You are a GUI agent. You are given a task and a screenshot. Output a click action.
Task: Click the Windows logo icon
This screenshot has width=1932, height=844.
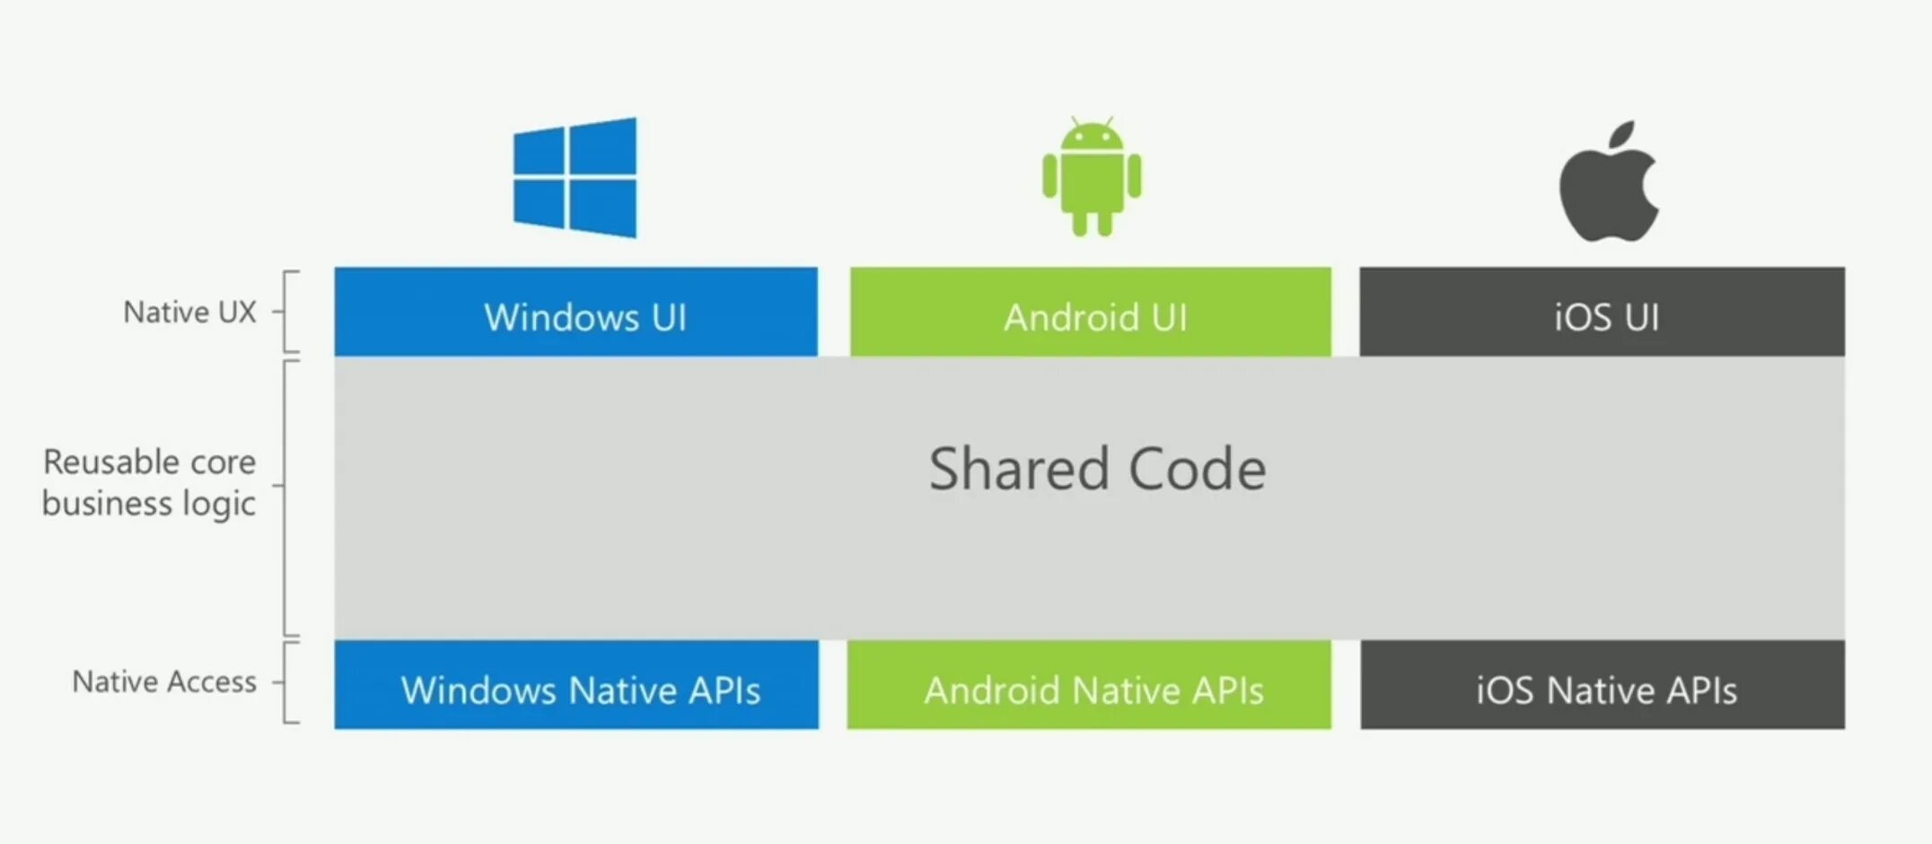point(575,178)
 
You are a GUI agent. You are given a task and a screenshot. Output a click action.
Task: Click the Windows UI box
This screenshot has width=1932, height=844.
point(575,312)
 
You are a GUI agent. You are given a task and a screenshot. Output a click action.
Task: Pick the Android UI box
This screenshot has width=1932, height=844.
point(1091,312)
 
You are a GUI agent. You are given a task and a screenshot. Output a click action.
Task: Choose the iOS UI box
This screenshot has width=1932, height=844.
point(1603,312)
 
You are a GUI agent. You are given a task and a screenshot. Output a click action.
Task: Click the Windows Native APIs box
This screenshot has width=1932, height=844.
point(576,685)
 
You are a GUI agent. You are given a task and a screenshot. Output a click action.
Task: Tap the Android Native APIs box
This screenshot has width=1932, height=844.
point(1089,685)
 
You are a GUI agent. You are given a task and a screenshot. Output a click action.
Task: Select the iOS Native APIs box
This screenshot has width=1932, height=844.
point(1603,685)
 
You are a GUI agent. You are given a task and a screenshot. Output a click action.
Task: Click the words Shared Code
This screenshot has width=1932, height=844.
point(1097,470)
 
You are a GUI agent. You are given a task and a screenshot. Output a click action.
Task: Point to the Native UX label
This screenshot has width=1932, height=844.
point(189,312)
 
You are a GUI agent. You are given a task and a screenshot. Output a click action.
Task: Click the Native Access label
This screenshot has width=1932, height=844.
point(164,682)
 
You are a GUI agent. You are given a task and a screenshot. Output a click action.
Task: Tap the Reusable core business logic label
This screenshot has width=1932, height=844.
point(149,483)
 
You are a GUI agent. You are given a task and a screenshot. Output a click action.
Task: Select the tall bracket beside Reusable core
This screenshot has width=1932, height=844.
point(286,498)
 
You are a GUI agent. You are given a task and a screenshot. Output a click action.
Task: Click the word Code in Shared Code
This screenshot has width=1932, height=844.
point(1197,470)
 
